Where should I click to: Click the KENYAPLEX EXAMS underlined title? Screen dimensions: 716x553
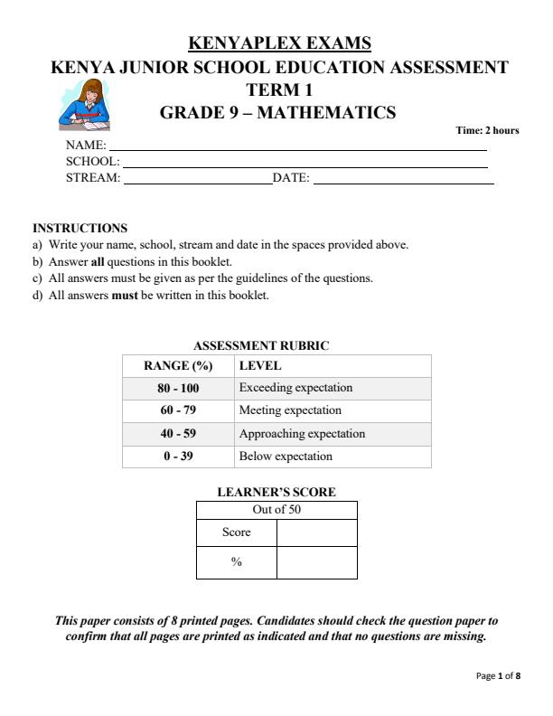(x=279, y=43)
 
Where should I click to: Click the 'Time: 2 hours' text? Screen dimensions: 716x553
(x=487, y=130)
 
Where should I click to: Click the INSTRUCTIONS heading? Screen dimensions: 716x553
(x=80, y=229)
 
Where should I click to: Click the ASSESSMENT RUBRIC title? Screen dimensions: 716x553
(x=261, y=345)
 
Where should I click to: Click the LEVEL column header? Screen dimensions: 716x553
(x=260, y=366)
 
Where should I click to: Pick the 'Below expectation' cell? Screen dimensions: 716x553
(x=286, y=456)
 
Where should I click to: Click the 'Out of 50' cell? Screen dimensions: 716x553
(x=276, y=510)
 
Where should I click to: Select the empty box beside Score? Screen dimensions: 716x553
(x=316, y=532)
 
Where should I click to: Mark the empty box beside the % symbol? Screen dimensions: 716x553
(x=316, y=562)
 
